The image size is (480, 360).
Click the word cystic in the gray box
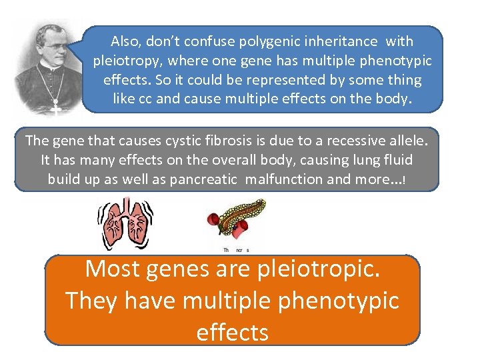190,141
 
